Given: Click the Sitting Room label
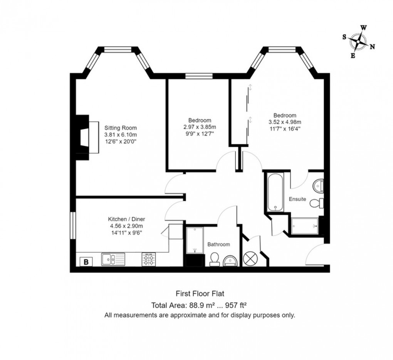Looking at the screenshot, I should [121, 128].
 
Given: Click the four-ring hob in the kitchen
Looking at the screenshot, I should [149, 259].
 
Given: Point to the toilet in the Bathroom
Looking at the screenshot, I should [215, 260].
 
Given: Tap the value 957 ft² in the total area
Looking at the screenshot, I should [233, 306].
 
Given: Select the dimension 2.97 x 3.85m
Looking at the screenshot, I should [200, 127].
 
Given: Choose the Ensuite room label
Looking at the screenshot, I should [297, 199].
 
